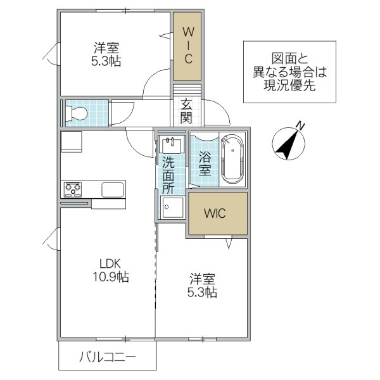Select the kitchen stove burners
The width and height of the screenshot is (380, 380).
72,189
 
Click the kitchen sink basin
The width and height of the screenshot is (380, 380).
113,189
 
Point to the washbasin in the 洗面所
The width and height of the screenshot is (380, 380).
171,145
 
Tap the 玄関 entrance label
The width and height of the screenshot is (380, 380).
186,110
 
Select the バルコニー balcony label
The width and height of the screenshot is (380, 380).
107,358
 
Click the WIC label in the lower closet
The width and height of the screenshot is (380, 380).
215,213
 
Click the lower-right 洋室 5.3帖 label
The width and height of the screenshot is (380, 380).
201,285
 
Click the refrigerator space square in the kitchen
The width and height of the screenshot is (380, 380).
71,142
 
